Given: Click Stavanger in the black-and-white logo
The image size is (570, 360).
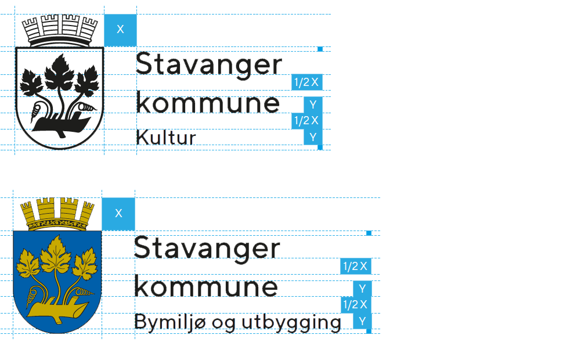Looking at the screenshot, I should coord(208,64).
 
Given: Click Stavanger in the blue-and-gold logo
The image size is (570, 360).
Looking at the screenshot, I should coord(207,249).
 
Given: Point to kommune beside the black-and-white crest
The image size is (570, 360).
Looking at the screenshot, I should coord(208,103).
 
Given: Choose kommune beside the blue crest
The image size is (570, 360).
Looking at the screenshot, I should coord(206,287).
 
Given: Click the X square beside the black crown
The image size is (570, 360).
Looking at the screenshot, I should coord(120,30).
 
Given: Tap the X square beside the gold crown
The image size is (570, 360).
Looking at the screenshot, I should coord(118,214).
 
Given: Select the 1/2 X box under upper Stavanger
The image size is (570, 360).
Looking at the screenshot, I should coord(306,82).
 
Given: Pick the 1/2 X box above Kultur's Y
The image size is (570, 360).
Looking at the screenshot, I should coord(306,121).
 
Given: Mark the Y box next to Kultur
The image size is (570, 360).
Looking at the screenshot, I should coord(313,137).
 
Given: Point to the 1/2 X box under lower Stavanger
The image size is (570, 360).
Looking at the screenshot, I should coord(355,267).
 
